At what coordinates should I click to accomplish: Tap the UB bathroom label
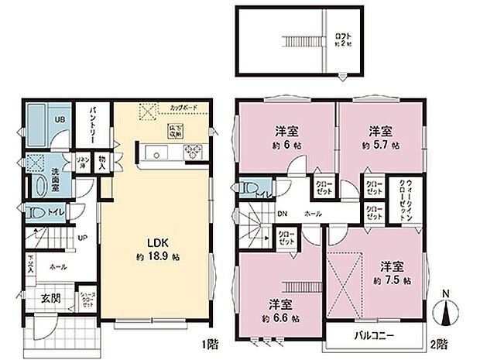59,120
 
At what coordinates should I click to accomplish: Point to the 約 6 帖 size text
286,145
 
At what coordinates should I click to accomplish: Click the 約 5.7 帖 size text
379,145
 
